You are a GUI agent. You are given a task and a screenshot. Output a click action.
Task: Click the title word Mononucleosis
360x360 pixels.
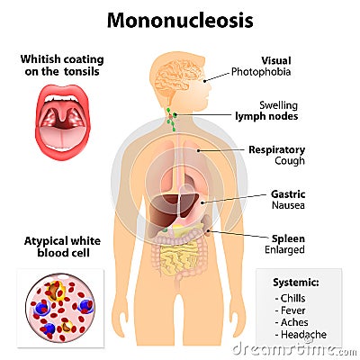coord(180,21)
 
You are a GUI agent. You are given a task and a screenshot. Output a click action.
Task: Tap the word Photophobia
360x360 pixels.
coord(261,72)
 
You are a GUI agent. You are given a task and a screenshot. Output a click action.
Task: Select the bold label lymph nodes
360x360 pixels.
coord(266,116)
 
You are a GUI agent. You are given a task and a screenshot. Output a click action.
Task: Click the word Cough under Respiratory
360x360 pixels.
coord(290,161)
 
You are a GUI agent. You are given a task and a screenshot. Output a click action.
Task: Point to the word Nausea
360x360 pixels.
coord(288,205)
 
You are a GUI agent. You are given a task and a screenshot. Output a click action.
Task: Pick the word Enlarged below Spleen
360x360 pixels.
coord(284,249)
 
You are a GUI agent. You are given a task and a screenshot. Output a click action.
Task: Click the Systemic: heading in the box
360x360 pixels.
coord(296,283)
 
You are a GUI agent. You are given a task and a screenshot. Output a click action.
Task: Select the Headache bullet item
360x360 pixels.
coord(301,334)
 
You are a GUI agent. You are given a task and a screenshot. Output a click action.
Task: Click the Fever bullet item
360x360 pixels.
coord(290,310)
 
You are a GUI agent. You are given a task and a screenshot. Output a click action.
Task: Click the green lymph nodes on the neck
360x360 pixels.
coord(172,120)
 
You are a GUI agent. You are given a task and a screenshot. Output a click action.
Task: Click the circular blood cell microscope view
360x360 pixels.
coord(60,308)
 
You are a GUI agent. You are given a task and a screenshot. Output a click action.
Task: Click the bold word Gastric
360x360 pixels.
coord(288,194)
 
